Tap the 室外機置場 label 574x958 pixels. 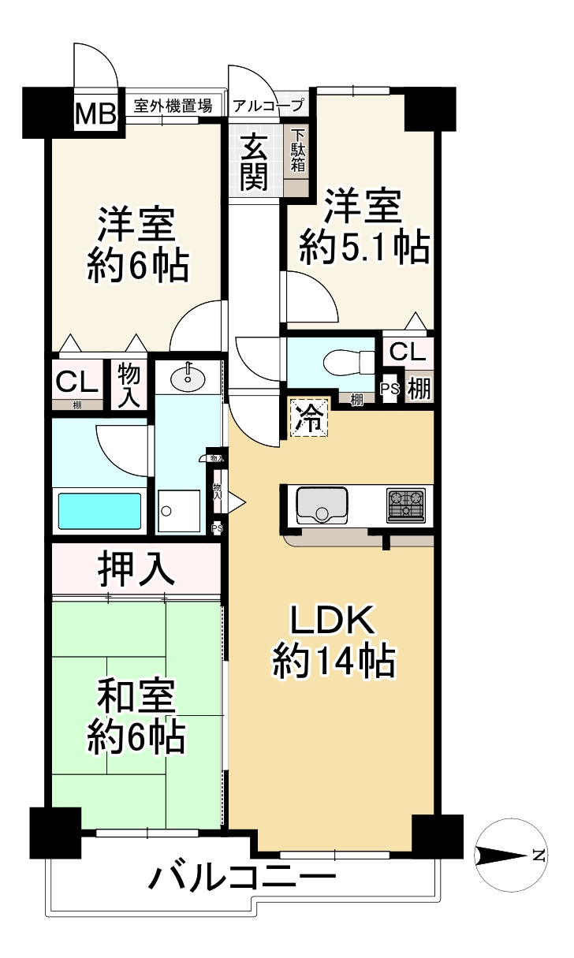[173, 106]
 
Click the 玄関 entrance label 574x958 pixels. [254, 162]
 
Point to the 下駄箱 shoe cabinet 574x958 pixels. [297, 151]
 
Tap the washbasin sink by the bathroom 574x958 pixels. [188, 379]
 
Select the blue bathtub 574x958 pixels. [99, 511]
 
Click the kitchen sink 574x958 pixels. [322, 505]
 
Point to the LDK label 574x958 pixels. [331, 622]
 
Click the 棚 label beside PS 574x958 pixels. [419, 389]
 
